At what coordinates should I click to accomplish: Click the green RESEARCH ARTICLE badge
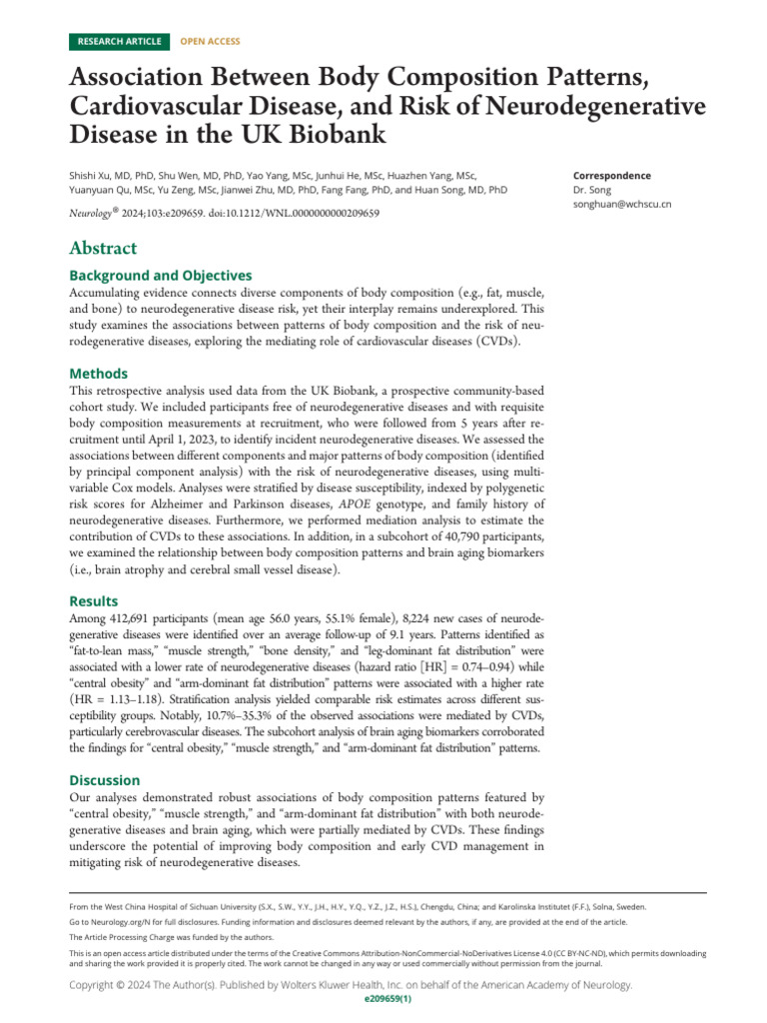[x=118, y=41]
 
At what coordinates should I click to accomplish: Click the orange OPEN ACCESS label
[x=210, y=41]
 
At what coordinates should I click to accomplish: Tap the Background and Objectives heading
[x=160, y=275]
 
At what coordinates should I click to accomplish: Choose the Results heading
[x=93, y=601]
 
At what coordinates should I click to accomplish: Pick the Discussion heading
[x=104, y=779]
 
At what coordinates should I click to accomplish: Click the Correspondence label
[x=612, y=175]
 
